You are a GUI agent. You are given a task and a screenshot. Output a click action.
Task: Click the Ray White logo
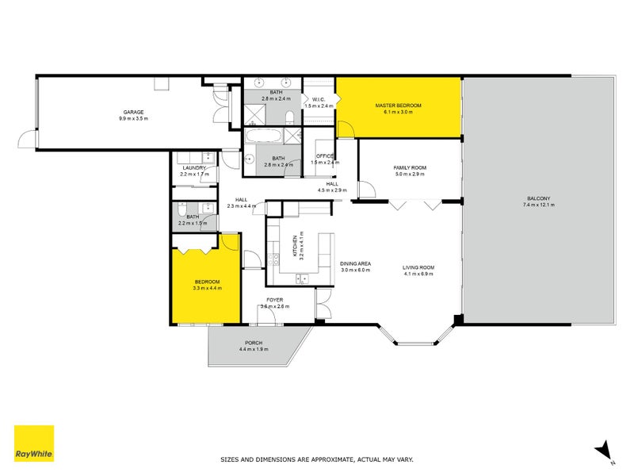pos(34,443)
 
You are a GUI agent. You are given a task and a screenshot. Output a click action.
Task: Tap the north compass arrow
pos(605,450)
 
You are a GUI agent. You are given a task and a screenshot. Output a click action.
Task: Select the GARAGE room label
pos(133,112)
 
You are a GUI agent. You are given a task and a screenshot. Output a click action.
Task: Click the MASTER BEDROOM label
pos(398,106)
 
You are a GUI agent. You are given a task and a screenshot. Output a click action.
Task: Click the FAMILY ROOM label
pos(410,167)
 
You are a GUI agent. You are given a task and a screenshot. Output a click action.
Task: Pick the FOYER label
pos(275,300)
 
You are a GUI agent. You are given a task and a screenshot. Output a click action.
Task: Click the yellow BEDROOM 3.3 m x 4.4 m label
pos(207,282)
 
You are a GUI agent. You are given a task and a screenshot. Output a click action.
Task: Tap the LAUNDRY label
pos(194,167)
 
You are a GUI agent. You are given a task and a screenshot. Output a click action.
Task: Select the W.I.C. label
pos(320,99)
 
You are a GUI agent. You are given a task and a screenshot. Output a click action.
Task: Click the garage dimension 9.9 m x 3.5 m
pos(133,118)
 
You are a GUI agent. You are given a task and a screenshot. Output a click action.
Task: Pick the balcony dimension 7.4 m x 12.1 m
pos(538,205)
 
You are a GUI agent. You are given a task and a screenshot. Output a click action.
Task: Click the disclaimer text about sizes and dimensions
pos(316,459)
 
